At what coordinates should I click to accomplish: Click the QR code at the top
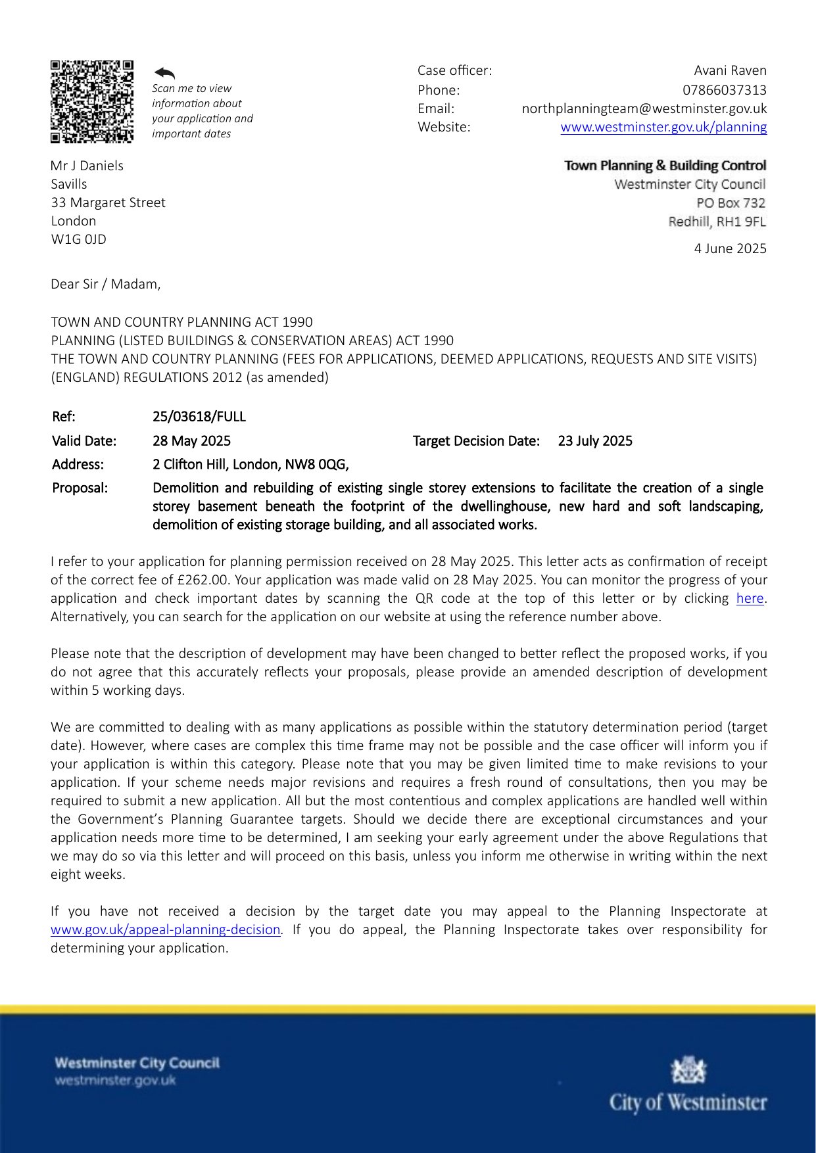pyautogui.click(x=91, y=101)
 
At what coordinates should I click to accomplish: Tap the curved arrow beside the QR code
pyautogui.click(x=164, y=73)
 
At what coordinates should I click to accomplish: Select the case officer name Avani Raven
pyautogui.click(x=730, y=70)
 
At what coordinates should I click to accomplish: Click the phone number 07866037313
pyautogui.click(x=724, y=90)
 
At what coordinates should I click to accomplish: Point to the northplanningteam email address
pyautogui.click(x=644, y=108)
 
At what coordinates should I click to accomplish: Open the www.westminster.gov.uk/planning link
pyautogui.click(x=663, y=127)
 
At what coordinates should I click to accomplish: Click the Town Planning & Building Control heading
pyautogui.click(x=665, y=166)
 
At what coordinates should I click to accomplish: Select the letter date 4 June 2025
pyautogui.click(x=730, y=248)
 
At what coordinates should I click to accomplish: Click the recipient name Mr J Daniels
pyautogui.click(x=87, y=166)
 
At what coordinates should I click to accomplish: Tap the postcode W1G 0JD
pyautogui.click(x=78, y=239)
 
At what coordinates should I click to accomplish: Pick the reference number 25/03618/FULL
pyautogui.click(x=199, y=417)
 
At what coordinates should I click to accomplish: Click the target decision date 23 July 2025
pyautogui.click(x=594, y=441)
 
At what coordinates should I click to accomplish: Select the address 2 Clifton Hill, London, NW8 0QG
pyautogui.click(x=250, y=465)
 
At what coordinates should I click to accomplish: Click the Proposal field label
pyautogui.click(x=80, y=488)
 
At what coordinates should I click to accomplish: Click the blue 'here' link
pyautogui.click(x=750, y=598)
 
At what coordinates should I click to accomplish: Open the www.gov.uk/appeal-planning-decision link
pyautogui.click(x=166, y=929)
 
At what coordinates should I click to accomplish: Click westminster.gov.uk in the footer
pyautogui.click(x=115, y=1081)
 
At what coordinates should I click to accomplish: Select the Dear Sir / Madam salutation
pyautogui.click(x=105, y=284)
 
